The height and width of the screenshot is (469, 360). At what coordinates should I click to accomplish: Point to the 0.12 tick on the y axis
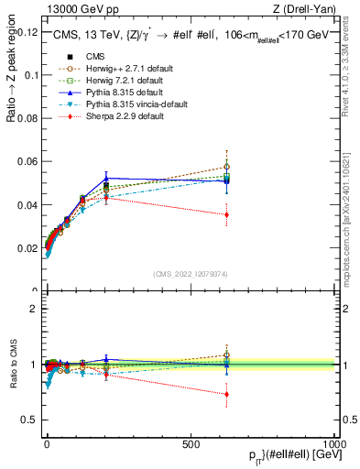point(27,32)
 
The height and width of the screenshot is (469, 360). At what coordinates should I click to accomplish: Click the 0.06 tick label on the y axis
point(27,162)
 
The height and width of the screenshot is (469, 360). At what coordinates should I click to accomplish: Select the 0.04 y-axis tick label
point(27,205)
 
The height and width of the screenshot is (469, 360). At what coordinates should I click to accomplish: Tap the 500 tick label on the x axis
point(191,443)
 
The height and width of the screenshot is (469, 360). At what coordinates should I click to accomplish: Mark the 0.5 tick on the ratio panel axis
point(29,420)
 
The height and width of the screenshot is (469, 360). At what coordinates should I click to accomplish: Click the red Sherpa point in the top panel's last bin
point(226,214)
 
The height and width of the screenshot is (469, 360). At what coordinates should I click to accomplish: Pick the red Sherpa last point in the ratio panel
point(226,394)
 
